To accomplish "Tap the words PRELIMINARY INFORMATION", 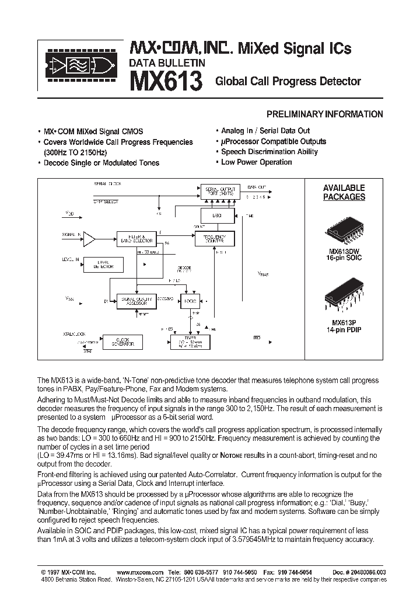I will [324, 114].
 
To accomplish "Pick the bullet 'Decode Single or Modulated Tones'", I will [98, 163].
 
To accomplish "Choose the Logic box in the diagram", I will [190, 301].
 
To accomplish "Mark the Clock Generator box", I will [118, 342].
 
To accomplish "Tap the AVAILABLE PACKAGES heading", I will [344, 192].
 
